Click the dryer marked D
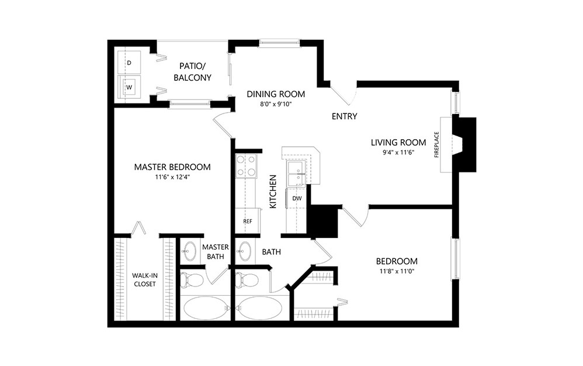pos(129,61)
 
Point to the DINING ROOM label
pos(276,94)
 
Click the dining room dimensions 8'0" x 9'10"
pos(276,105)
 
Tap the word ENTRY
pos(344,116)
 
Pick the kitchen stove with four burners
pos(246,165)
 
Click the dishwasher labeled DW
pos(297,199)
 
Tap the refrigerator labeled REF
pos(247,222)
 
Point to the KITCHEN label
pos(272,191)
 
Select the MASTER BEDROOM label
pos(172,167)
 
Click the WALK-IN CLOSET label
pos(144,279)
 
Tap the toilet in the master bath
pos(192,280)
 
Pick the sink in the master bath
pos(189,252)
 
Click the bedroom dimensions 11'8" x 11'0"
pos(397,271)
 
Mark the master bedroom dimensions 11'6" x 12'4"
pos(172,177)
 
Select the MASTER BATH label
pos(215,251)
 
